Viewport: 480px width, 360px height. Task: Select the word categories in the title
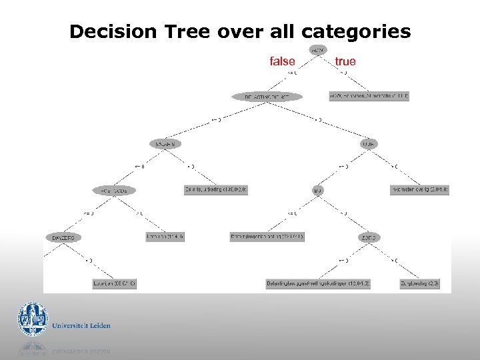[x=356, y=31]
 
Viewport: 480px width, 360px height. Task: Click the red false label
[x=282, y=61]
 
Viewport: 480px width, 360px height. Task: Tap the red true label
[x=345, y=61]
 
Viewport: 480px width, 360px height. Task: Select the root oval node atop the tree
[x=317, y=49]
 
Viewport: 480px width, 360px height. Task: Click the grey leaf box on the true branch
[x=369, y=96]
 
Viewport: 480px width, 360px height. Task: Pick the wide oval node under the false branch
[x=267, y=97]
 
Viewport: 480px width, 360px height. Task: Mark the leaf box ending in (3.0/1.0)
[x=419, y=190]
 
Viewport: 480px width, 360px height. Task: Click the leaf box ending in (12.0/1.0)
[x=317, y=284]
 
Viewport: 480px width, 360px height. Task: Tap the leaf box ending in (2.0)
[x=419, y=284]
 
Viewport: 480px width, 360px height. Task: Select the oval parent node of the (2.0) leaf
[x=369, y=237]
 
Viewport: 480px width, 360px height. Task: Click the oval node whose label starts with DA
[x=64, y=237]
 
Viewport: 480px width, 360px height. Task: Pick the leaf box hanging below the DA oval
[x=115, y=284]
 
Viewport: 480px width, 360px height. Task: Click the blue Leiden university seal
[x=33, y=319]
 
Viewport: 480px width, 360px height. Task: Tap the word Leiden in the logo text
[x=100, y=326]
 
